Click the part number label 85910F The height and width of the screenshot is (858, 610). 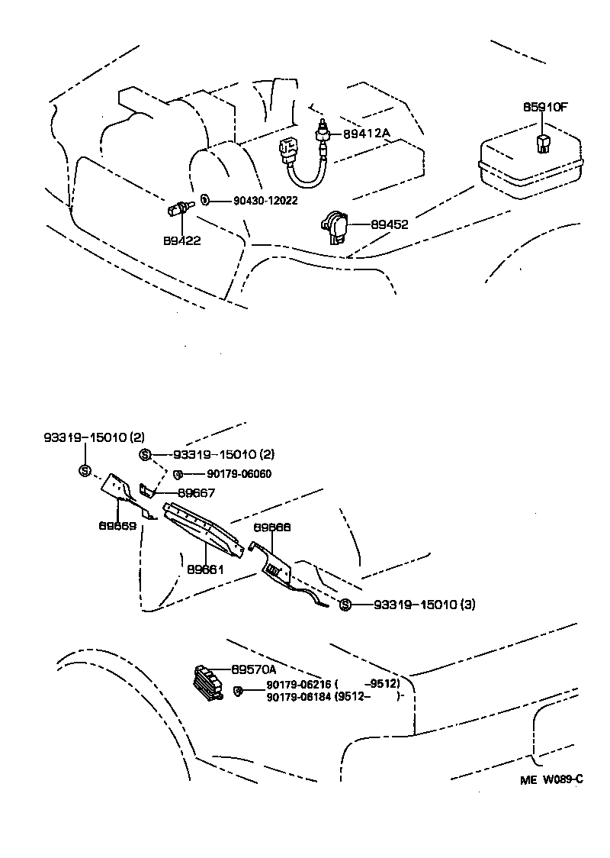tap(544, 107)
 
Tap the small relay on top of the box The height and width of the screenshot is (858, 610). tap(543, 142)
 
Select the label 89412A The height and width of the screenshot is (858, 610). tap(366, 134)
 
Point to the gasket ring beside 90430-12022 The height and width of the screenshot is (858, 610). tap(205, 199)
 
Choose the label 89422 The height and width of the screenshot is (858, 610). tap(181, 240)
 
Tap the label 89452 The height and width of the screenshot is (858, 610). tap(390, 224)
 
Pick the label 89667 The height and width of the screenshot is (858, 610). tap(196, 493)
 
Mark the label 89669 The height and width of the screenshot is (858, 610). tap(117, 526)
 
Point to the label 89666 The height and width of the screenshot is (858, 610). tap(272, 527)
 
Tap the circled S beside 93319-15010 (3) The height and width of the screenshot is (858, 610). tap(345, 605)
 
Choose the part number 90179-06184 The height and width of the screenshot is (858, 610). tap(299, 696)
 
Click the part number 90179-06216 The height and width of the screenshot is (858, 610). tap(299, 684)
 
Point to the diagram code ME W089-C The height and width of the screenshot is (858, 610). tap(552, 779)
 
